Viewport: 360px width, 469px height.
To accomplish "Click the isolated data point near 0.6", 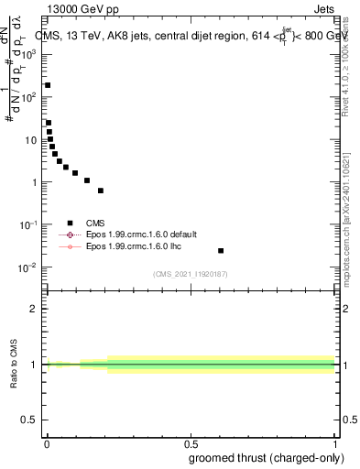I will [x=221, y=250].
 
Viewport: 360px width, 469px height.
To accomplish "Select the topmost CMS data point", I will [x=48, y=85].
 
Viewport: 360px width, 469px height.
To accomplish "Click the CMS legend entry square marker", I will [x=70, y=222].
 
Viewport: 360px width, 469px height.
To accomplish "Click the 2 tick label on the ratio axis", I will [x=34, y=309].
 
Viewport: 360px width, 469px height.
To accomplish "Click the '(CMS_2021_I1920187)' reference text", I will [x=191, y=274].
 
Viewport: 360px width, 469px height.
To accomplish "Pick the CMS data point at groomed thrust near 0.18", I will [x=100, y=191].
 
